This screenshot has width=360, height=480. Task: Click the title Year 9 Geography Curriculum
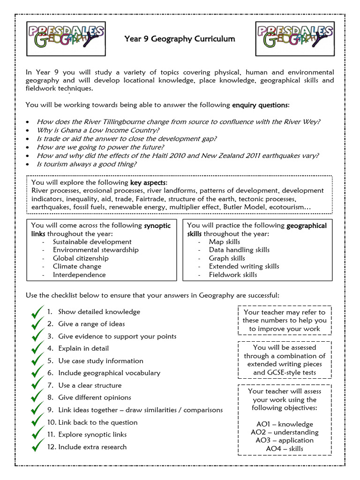point(180,38)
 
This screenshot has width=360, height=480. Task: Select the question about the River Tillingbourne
point(179,121)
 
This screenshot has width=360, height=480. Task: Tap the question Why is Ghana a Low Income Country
point(98,130)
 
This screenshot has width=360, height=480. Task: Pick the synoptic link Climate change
point(77,266)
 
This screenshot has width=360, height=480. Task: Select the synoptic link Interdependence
point(79,275)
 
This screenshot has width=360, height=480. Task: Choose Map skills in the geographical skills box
point(225,242)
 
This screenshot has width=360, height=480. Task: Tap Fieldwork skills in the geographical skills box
point(233,275)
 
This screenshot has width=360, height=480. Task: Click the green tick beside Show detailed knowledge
point(37,312)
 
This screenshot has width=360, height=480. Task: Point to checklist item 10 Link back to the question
point(92,422)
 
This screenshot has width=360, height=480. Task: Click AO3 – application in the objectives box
point(285,440)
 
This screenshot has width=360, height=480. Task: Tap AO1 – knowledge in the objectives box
point(285,424)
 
